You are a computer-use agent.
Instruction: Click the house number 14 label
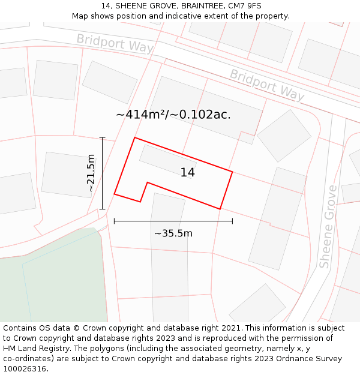pyautogui.click(x=187, y=173)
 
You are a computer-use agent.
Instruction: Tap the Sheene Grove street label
pyautogui.click(x=328, y=227)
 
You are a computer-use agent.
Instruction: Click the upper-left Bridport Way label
pyautogui.click(x=115, y=43)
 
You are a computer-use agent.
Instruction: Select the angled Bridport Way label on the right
pyautogui.click(x=267, y=85)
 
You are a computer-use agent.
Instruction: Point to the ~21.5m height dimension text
pyautogui.click(x=91, y=173)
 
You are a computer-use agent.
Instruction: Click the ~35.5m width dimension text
pyautogui.click(x=173, y=233)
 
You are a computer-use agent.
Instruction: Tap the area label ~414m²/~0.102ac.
pyautogui.click(x=173, y=114)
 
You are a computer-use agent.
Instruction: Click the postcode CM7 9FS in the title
pyautogui.click(x=245, y=5)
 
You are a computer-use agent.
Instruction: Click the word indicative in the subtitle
pyautogui.click(x=199, y=16)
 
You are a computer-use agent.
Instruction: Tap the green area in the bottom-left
pyautogui.click(x=48, y=282)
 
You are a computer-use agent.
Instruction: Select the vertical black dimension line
pyautogui.click(x=103, y=173)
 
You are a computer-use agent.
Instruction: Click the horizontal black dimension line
pyautogui.click(x=173, y=221)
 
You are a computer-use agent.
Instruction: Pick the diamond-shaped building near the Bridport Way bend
pyautogui.click(x=284, y=136)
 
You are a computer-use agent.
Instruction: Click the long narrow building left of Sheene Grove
pyautogui.click(x=277, y=218)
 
